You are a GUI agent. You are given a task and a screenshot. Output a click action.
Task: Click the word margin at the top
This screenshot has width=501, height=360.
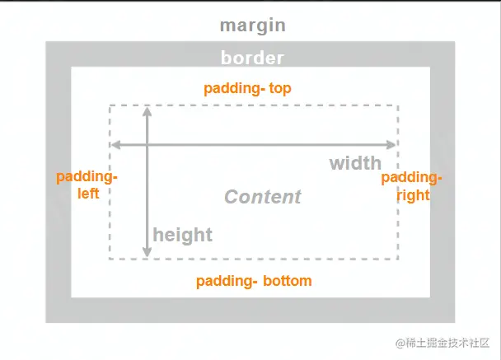click(252, 26)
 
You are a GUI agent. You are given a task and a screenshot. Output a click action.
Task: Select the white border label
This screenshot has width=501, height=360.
click(252, 58)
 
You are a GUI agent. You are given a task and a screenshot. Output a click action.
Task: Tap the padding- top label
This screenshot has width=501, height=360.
click(247, 87)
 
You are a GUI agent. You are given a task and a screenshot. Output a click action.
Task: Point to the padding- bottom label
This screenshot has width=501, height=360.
click(254, 281)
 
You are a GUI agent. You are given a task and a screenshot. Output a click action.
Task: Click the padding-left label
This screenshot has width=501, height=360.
click(87, 185)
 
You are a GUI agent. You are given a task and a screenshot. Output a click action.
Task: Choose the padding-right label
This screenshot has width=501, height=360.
click(412, 186)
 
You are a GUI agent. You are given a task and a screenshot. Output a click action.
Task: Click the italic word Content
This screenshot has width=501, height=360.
click(263, 197)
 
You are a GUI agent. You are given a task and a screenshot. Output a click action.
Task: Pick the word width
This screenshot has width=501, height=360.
click(355, 162)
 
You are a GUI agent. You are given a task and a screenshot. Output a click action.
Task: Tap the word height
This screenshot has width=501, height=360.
click(182, 235)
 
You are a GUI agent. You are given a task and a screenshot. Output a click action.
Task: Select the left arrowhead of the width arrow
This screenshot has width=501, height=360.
click(116, 145)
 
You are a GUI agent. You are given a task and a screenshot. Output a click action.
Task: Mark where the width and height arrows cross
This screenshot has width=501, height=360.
click(147, 145)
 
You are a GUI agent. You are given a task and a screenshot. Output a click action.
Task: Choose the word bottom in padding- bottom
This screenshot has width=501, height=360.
click(288, 281)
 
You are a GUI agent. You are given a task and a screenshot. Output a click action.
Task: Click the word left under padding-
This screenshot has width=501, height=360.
click(89, 194)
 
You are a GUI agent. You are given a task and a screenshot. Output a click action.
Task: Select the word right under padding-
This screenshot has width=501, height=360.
click(413, 195)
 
